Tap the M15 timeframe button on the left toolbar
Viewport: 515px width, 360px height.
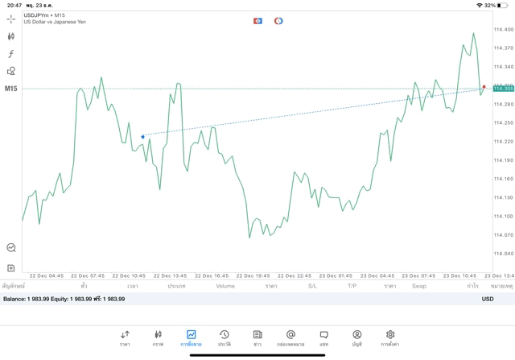click(11, 89)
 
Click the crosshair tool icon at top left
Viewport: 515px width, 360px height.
click(11, 19)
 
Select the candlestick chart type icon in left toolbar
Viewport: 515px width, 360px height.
click(11, 36)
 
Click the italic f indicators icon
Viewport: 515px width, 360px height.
click(11, 54)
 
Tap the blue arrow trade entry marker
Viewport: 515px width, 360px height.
click(142, 137)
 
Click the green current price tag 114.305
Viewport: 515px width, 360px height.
click(503, 89)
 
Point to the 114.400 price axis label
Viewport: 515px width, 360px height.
click(503, 30)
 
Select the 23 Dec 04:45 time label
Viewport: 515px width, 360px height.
click(377, 275)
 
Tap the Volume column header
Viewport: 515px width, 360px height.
click(225, 286)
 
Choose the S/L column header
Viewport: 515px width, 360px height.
click(312, 286)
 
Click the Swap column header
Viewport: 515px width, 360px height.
click(419, 286)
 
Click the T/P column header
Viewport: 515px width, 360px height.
click(352, 286)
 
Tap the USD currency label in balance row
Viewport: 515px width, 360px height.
click(487, 299)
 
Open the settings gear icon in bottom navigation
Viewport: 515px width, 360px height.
click(390, 337)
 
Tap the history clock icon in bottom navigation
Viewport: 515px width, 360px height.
click(224, 337)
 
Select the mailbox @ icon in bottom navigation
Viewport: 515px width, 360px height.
click(290, 337)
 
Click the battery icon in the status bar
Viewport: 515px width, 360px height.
click(504, 5)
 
